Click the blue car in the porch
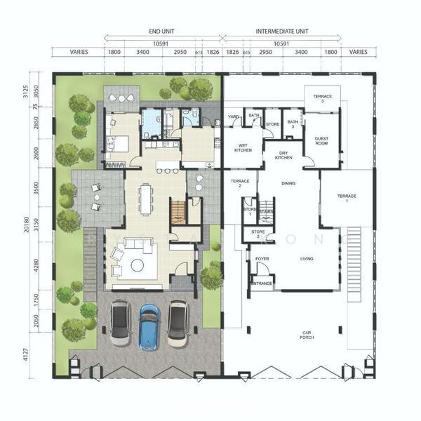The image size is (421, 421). pos(149,326)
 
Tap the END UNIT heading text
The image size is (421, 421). pos(162,32)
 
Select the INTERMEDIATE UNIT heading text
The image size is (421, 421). pos(282,32)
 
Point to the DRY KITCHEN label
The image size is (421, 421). pos(283,155)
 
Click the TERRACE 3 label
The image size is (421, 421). pos(322,98)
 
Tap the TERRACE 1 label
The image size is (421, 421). pos(347,197)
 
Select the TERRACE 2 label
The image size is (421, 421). pos(240,183)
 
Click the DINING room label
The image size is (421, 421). pos(288,184)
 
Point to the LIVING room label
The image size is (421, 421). pos(307,259)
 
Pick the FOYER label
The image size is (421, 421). pos(262,259)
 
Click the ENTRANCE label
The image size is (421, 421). pos(262,283)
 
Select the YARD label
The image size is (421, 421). pos(233,116)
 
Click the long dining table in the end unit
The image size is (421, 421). pos(146,199)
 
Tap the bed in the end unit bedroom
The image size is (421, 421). pos(116,144)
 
